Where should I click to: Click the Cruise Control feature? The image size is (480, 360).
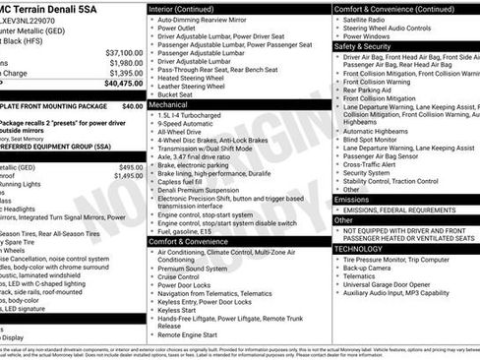tap(184, 278)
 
